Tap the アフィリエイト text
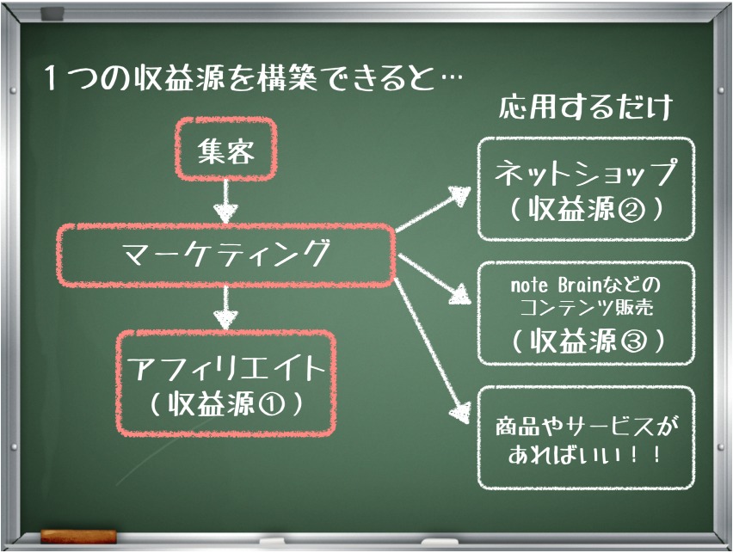[226, 368]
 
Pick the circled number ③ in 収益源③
[633, 341]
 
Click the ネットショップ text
[585, 173]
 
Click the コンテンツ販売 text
[586, 307]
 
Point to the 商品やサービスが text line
[586, 426]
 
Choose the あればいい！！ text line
[585, 454]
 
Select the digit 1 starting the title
[52, 77]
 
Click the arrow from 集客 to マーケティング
[225, 201]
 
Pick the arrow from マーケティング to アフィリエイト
[225, 308]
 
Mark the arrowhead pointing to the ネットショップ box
[459, 195]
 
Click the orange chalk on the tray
[78, 536]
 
